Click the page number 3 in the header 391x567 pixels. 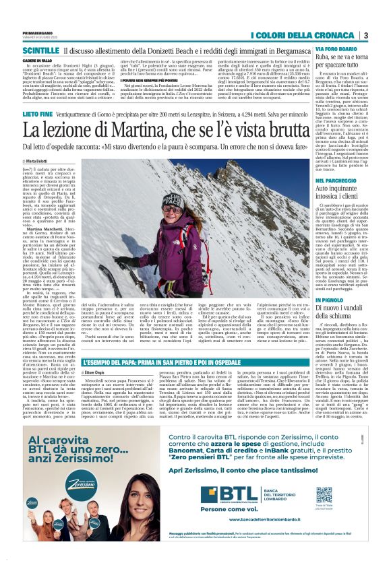365,35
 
